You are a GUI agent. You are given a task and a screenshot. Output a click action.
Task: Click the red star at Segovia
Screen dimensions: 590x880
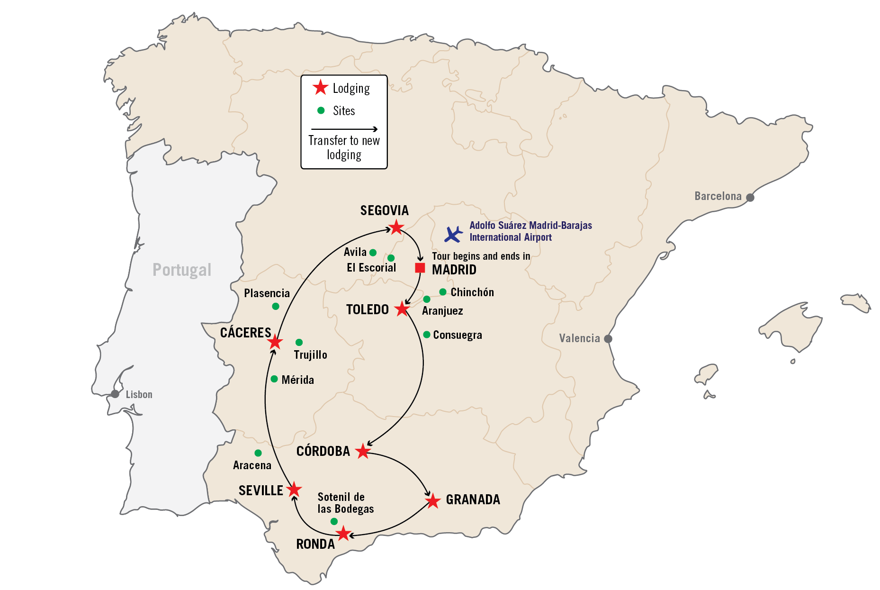(396, 228)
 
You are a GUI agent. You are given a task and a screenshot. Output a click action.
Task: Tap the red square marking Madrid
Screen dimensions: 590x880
(420, 268)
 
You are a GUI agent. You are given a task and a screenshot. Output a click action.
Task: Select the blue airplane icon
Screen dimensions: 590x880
(453, 234)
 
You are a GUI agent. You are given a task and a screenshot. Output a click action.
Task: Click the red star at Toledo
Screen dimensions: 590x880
(402, 309)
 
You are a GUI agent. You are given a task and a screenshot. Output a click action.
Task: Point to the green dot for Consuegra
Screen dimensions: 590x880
(427, 335)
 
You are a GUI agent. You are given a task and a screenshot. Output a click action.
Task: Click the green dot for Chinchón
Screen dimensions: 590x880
(443, 292)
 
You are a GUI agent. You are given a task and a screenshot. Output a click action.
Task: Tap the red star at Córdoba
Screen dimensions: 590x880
(363, 451)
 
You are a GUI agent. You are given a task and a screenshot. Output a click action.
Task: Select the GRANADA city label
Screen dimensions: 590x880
(473, 499)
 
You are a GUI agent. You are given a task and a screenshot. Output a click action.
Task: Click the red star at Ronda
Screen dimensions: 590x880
(343, 534)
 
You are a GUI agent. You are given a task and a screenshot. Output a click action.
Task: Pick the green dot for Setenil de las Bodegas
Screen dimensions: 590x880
(334, 521)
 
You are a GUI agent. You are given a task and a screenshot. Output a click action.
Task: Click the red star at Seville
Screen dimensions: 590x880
(294, 490)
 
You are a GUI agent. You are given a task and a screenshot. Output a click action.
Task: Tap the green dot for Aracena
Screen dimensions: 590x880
(258, 453)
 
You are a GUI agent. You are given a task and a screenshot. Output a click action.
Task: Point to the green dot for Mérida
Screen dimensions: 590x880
(274, 379)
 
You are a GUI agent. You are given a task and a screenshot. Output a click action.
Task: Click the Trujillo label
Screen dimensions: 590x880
(310, 355)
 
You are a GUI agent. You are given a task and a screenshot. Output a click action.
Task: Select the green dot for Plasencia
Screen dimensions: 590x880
(276, 307)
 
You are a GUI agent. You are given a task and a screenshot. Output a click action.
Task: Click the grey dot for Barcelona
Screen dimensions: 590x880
(750, 197)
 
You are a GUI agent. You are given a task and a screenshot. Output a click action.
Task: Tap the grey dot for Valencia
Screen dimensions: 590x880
(608, 339)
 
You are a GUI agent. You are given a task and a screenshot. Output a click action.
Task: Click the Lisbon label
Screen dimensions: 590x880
(139, 395)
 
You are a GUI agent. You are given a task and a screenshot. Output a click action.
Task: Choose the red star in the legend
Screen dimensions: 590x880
(321, 88)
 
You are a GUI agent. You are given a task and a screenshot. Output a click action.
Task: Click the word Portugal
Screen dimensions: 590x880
(182, 270)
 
